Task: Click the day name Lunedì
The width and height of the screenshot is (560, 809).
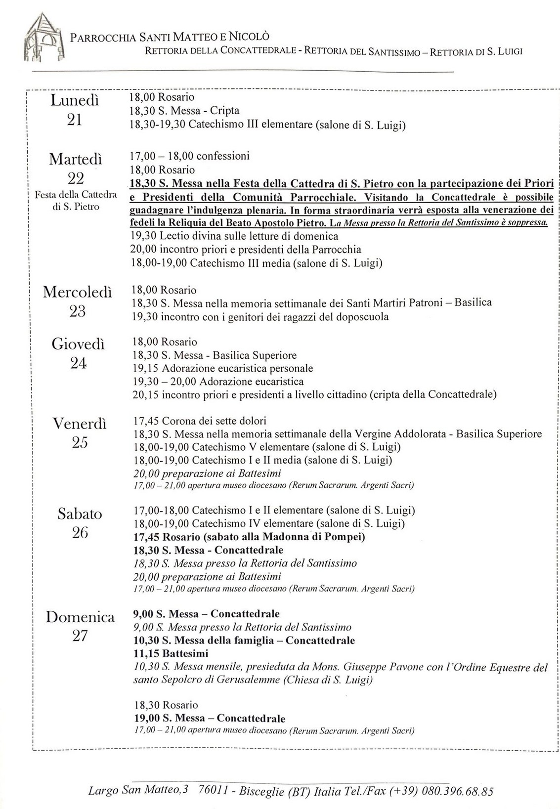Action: click(75, 101)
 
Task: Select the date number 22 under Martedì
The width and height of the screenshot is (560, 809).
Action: click(75, 178)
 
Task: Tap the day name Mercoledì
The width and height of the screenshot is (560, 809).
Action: click(78, 292)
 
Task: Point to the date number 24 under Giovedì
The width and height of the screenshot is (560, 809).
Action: click(78, 363)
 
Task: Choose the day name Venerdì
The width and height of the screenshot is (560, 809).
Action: click(80, 424)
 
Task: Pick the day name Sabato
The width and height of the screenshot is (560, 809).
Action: click(80, 514)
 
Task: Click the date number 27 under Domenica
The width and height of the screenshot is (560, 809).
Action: click(80, 636)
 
